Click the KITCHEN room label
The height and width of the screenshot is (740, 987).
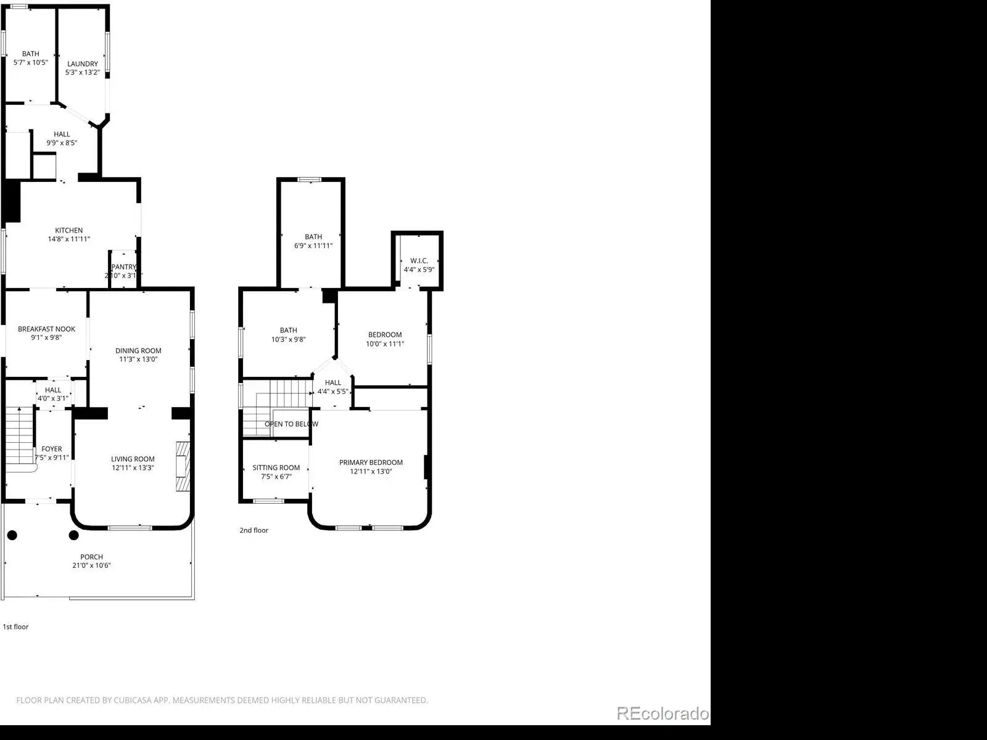point(69,231)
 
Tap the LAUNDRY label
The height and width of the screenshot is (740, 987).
point(83,64)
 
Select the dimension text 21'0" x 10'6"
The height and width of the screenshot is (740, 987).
point(92,565)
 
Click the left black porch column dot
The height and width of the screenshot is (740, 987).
point(12,535)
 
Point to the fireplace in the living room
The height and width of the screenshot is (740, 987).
point(183,466)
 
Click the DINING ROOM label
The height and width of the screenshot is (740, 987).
point(138,350)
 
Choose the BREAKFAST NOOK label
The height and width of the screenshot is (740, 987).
point(46,329)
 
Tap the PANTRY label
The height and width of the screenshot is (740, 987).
point(123,267)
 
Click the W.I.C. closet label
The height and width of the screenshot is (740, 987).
point(419,261)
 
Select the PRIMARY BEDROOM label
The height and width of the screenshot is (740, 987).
point(371,462)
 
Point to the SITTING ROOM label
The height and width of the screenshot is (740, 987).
point(276,467)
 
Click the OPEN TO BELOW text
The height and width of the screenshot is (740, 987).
point(291,424)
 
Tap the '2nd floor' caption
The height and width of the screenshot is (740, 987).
point(254,530)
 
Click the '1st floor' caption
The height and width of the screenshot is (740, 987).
point(16,627)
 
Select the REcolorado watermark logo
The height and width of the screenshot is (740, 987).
point(663,713)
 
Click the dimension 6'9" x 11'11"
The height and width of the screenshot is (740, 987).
point(313,245)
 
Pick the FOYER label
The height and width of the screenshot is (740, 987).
point(52,449)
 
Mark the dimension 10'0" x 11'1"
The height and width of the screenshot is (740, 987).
point(385,343)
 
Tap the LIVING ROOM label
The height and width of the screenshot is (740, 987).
point(133,459)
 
